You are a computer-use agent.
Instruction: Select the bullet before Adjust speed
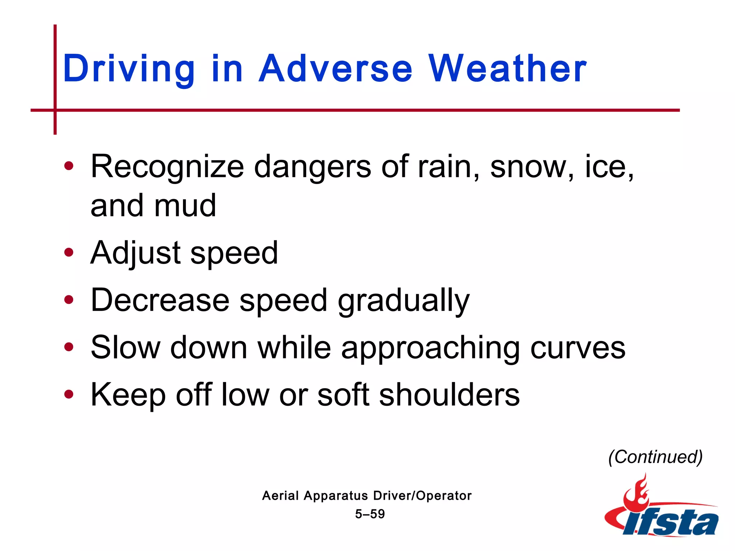pos(69,253)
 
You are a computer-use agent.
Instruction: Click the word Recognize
pos(167,167)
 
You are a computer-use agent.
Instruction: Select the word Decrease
pos(160,300)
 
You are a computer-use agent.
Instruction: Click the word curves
pos(578,348)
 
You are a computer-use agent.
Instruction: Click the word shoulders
pos(449,395)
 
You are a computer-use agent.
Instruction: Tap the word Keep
pos(128,395)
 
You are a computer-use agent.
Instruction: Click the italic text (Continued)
pos(655,457)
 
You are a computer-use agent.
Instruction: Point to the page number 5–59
pos(370,514)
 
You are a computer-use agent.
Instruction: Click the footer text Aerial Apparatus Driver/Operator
pos(367,496)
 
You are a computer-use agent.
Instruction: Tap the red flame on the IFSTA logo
pos(637,493)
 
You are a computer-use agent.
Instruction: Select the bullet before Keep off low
pos(69,395)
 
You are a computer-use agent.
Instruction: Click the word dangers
pos(312,167)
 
